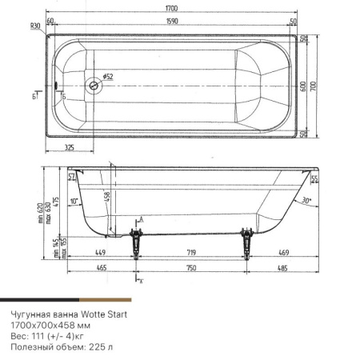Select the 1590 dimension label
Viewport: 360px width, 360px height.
[172, 21]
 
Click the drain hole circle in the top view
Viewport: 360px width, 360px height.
[94, 85]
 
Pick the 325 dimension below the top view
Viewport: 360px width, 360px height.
[69, 147]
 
